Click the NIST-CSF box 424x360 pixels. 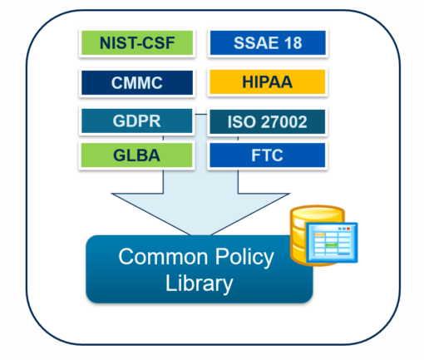click(x=137, y=43)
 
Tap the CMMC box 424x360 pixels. click(x=137, y=83)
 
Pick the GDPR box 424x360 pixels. click(x=137, y=122)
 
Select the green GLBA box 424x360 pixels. click(x=137, y=155)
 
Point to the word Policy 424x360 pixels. click(x=240, y=257)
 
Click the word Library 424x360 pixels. click(x=199, y=284)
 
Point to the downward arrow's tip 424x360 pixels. click(x=200, y=234)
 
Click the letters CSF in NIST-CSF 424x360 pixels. click(x=160, y=43)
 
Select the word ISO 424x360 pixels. click(x=239, y=123)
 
